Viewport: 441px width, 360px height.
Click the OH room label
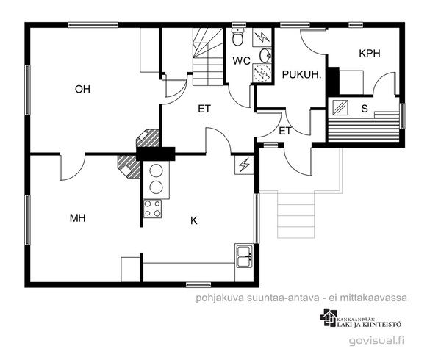click(82, 89)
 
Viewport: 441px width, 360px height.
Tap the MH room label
click(78, 218)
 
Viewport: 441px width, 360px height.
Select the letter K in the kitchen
click(194, 221)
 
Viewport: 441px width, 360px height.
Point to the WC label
click(241, 61)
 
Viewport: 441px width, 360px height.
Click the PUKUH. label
click(301, 75)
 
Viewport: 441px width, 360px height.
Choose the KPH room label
click(370, 54)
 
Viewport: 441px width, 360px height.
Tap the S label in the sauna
click(365, 109)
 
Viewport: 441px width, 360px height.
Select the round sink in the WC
click(265, 55)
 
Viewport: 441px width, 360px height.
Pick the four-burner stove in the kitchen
click(153, 208)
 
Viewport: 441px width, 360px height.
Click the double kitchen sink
click(243, 256)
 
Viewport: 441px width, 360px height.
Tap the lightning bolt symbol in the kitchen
click(244, 165)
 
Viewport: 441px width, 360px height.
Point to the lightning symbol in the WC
click(262, 37)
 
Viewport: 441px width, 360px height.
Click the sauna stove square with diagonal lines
click(340, 108)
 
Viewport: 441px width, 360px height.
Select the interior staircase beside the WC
click(208, 57)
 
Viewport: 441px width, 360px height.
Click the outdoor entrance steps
click(296, 215)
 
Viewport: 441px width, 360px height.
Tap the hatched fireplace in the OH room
click(148, 138)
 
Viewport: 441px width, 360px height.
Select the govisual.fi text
click(376, 341)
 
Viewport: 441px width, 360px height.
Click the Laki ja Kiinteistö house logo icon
click(329, 317)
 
